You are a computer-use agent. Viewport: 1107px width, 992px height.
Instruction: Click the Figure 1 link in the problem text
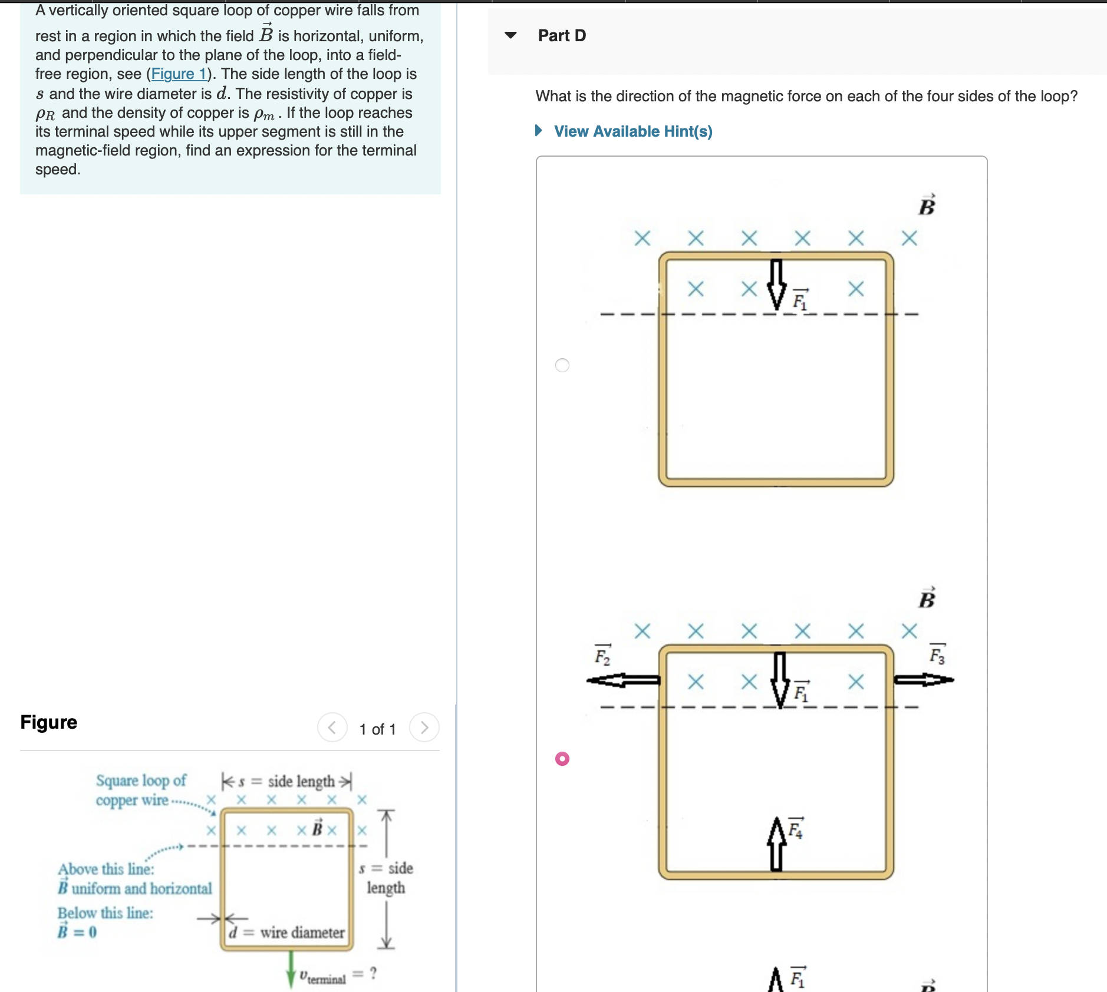[179, 74]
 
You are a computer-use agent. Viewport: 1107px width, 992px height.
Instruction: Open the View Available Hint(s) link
[632, 131]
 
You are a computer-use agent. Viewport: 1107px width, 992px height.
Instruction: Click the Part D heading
[562, 36]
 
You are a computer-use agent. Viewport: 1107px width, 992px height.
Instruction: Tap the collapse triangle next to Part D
[511, 35]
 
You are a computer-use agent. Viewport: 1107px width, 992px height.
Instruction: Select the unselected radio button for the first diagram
[562, 365]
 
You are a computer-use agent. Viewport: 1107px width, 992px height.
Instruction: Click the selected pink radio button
[562, 759]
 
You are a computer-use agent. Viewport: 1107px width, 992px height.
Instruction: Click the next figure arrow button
[424, 728]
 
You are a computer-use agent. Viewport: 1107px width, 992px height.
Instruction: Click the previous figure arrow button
[332, 728]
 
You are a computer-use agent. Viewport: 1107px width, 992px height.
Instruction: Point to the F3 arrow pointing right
[923, 680]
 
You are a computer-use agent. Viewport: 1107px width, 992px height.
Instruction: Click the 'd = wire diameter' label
[287, 933]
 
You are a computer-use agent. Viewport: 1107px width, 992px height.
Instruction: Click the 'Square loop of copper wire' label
[140, 790]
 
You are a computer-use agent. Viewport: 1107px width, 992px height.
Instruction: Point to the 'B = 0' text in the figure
[77, 932]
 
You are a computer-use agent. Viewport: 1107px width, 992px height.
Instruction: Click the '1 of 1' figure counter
[377, 729]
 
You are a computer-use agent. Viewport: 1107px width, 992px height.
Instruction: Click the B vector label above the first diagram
[927, 206]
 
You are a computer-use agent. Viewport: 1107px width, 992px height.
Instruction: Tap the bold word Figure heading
[49, 722]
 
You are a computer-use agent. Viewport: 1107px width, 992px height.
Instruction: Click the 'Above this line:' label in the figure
[106, 869]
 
